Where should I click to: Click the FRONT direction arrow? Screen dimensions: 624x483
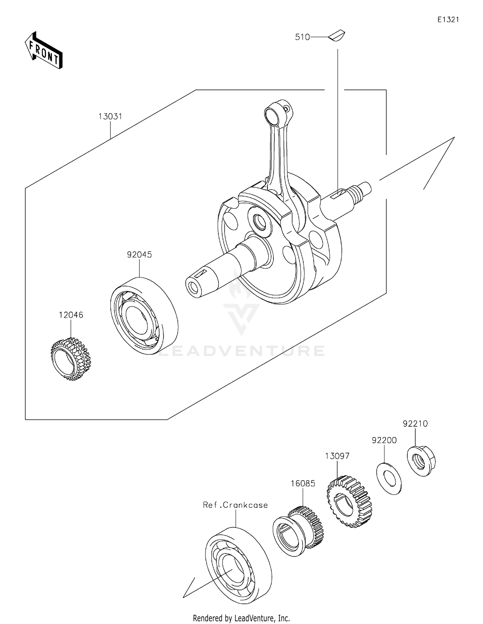tap(44, 51)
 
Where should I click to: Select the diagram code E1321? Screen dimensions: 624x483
tap(448, 20)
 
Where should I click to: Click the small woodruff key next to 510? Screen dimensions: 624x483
tap(337, 35)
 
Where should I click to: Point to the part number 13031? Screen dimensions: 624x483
tap(110, 117)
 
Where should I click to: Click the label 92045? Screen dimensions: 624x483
tap(139, 255)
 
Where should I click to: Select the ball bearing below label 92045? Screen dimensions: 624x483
tap(144, 316)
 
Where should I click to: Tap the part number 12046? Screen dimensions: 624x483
tap(71, 315)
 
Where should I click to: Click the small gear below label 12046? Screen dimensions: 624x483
tap(71, 359)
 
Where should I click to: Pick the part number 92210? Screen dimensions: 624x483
tap(415, 424)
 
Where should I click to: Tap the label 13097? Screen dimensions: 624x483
tap(337, 456)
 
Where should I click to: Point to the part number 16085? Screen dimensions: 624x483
tap(303, 483)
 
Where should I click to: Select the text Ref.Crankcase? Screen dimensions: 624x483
tap(235, 505)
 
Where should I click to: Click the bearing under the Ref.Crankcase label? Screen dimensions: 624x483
tap(238, 565)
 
